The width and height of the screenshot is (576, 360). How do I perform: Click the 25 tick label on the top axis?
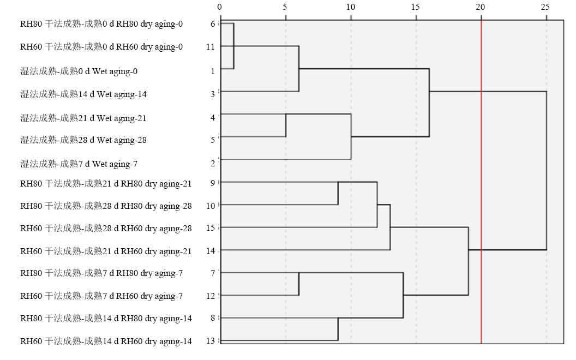tap(545, 7)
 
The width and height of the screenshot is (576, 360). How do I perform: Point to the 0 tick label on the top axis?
tap(220, 7)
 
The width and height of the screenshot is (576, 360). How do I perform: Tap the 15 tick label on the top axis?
tap(416, 7)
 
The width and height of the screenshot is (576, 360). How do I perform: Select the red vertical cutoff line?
tap(481, 182)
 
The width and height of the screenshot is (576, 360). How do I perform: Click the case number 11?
tap(211, 47)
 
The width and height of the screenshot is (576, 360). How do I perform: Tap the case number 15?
tap(211, 228)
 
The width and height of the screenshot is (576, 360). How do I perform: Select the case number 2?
tap(213, 164)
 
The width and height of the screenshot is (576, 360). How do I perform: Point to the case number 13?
tap(211, 341)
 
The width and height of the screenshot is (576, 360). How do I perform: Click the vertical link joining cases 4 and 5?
tap(286, 125)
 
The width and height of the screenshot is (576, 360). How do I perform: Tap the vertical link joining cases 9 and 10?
tap(338, 193)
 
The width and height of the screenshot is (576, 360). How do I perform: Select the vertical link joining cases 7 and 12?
tap(299, 284)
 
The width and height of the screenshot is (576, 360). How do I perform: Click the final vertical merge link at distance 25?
tap(546, 170)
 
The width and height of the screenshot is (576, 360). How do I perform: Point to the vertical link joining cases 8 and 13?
tap(338, 329)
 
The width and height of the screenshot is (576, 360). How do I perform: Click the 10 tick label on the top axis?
tap(350, 7)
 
